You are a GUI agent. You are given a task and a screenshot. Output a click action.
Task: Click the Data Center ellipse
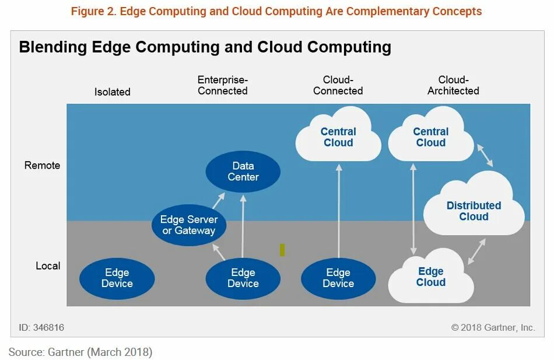(243, 172)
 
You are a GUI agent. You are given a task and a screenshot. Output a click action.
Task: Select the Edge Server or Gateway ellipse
(188, 225)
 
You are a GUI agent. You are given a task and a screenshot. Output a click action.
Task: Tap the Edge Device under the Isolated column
(117, 278)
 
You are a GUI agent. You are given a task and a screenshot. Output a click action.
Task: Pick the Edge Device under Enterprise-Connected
(243, 278)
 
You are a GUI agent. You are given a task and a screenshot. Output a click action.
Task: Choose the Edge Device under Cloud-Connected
(338, 278)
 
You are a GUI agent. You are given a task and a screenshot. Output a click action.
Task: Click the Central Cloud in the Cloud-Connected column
(338, 137)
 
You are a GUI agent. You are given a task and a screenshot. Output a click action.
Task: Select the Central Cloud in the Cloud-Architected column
(430, 137)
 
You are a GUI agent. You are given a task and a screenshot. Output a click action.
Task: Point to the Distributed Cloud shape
(474, 211)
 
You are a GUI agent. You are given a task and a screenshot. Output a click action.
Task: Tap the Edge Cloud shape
(431, 277)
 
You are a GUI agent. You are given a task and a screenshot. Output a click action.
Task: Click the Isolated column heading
(113, 92)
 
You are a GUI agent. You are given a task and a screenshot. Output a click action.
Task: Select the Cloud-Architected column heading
(453, 85)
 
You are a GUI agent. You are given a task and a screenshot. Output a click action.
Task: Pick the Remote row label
(42, 165)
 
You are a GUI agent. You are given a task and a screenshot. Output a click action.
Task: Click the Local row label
(48, 265)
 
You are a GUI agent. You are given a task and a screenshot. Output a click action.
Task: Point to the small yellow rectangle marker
(282, 250)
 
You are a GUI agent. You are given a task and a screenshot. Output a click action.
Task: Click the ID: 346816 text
(41, 327)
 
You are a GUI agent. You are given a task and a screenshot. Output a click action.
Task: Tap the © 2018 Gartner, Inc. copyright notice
(493, 327)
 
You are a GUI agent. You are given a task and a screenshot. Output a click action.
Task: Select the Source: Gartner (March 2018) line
(80, 352)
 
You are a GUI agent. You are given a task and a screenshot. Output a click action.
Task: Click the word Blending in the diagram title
(53, 47)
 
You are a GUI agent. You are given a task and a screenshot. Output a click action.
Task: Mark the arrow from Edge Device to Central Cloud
(338, 210)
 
